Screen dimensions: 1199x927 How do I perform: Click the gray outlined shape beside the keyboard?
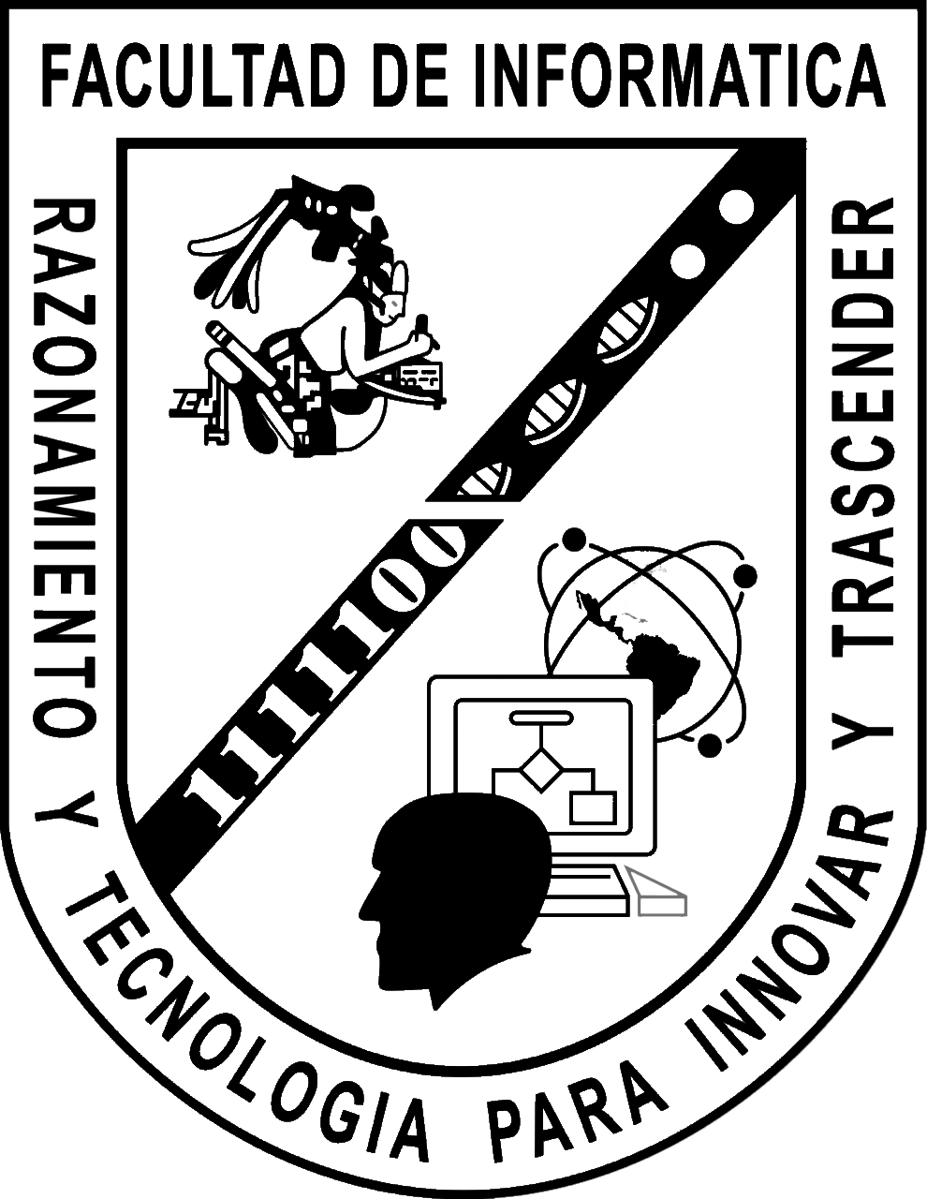click(x=660, y=895)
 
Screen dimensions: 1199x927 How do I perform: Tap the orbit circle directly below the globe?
click(x=710, y=745)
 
